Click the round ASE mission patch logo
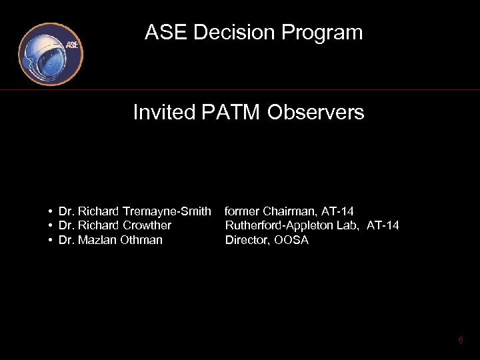51,53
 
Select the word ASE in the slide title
163,33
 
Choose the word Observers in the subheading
316,113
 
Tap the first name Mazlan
97,240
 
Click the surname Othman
141,240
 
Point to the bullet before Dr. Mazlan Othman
51,240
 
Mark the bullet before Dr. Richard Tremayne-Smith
51,211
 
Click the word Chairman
289,211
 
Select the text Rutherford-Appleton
279,225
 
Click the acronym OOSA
292,240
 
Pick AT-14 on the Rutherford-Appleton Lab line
383,225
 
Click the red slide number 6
460,341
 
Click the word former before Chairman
242,211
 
